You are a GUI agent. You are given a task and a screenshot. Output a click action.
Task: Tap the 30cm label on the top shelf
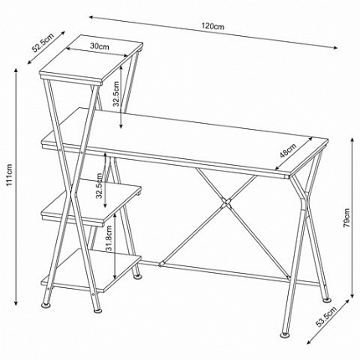pyautogui.click(x=100, y=47)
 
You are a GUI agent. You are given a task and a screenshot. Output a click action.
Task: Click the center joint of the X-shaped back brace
pyautogui.click(x=225, y=203)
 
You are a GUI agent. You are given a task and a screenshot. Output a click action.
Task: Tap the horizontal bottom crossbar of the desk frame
pyautogui.click(x=226, y=270)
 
